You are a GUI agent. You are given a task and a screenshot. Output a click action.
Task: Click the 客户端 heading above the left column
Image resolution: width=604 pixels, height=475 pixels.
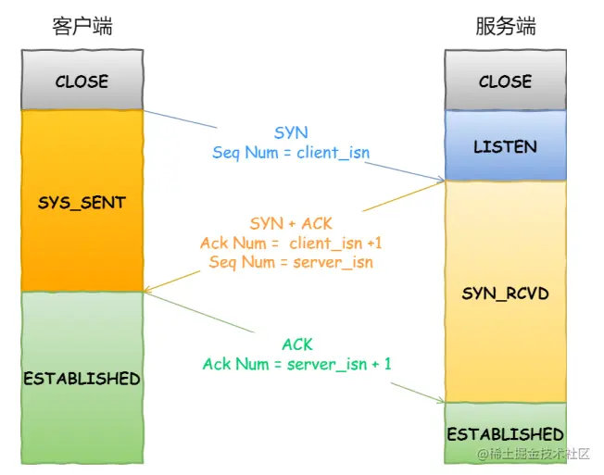[x=82, y=27]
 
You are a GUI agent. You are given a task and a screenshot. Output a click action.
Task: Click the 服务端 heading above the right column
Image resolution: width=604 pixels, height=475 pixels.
[x=505, y=27]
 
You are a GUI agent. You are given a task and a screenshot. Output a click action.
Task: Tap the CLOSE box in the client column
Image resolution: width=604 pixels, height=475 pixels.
[x=82, y=81]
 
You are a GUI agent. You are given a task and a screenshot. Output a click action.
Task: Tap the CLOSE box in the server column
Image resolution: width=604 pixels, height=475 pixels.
[x=505, y=81]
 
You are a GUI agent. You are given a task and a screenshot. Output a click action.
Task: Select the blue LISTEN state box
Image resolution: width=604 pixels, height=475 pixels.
[x=505, y=146]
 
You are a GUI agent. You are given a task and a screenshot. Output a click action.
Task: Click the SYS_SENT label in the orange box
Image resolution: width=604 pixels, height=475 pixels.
[x=82, y=201]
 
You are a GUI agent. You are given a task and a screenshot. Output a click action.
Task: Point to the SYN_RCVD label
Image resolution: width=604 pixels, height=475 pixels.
[x=505, y=294]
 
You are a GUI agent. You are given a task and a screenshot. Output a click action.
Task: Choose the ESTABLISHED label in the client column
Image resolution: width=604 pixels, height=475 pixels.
[x=82, y=379]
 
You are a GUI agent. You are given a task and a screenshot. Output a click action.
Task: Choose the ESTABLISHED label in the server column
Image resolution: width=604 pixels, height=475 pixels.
[x=505, y=434]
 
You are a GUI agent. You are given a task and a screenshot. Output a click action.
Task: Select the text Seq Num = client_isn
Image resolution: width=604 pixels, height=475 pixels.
[x=291, y=153]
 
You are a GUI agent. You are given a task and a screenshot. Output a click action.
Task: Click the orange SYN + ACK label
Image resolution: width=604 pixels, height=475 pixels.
[x=291, y=224]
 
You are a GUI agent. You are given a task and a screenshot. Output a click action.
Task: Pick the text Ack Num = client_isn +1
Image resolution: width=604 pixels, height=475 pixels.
[x=291, y=243]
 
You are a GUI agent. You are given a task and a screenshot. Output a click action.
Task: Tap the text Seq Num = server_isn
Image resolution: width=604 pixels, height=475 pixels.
[x=291, y=262]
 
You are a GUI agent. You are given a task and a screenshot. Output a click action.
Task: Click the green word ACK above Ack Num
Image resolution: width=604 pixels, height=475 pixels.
[x=296, y=344]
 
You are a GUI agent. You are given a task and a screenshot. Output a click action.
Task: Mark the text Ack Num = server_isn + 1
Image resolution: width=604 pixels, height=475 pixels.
[x=296, y=364]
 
